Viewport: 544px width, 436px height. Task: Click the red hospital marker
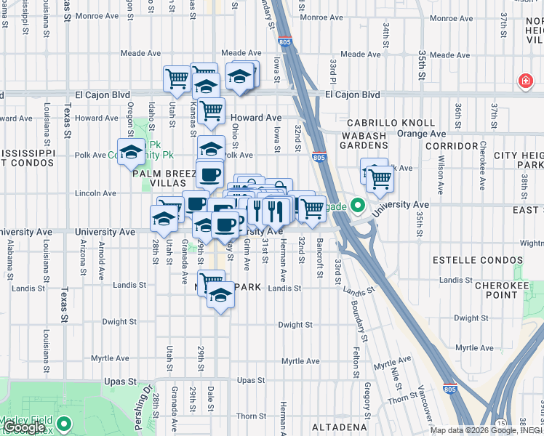click(524, 81)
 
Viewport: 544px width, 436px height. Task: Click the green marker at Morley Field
click(63, 422)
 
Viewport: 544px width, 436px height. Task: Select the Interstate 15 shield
click(501, 422)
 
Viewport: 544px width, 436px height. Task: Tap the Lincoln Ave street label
click(95, 193)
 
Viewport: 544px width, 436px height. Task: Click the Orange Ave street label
click(421, 134)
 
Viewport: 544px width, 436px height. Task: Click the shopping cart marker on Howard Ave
click(210, 111)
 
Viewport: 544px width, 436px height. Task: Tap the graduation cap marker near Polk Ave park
click(131, 151)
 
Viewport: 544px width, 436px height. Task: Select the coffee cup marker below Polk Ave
click(210, 174)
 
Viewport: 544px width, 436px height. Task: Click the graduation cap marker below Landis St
click(220, 296)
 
